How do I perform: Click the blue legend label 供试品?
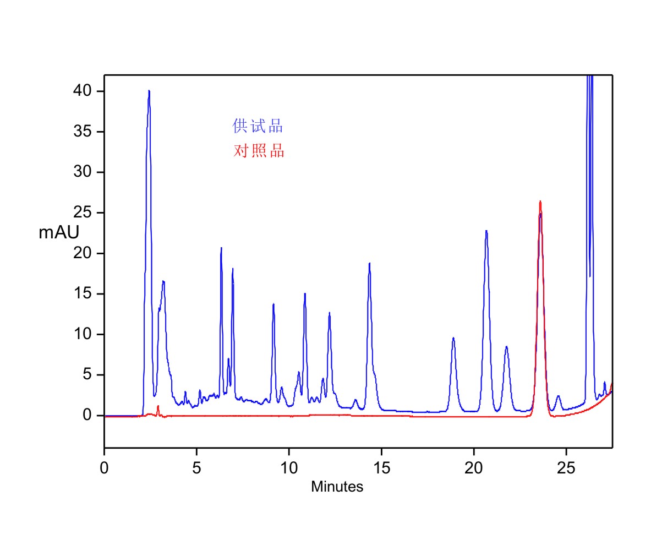click(x=258, y=127)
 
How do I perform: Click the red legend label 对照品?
click(x=259, y=151)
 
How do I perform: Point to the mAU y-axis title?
click(x=59, y=233)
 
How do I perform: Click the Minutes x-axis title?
click(x=337, y=487)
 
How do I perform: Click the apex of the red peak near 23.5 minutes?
click(x=540, y=201)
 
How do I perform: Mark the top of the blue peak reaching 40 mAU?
click(x=149, y=91)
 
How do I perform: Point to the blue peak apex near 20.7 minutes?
click(x=486, y=231)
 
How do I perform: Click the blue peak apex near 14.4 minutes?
click(x=370, y=263)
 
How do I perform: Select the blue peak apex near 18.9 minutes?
click(x=453, y=337)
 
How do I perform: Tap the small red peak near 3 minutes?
click(x=158, y=406)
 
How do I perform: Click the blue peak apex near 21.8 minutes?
click(x=507, y=346)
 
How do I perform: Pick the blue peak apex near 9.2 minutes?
click(x=273, y=304)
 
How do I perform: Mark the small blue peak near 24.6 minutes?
click(x=558, y=396)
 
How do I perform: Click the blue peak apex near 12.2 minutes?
click(x=330, y=313)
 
